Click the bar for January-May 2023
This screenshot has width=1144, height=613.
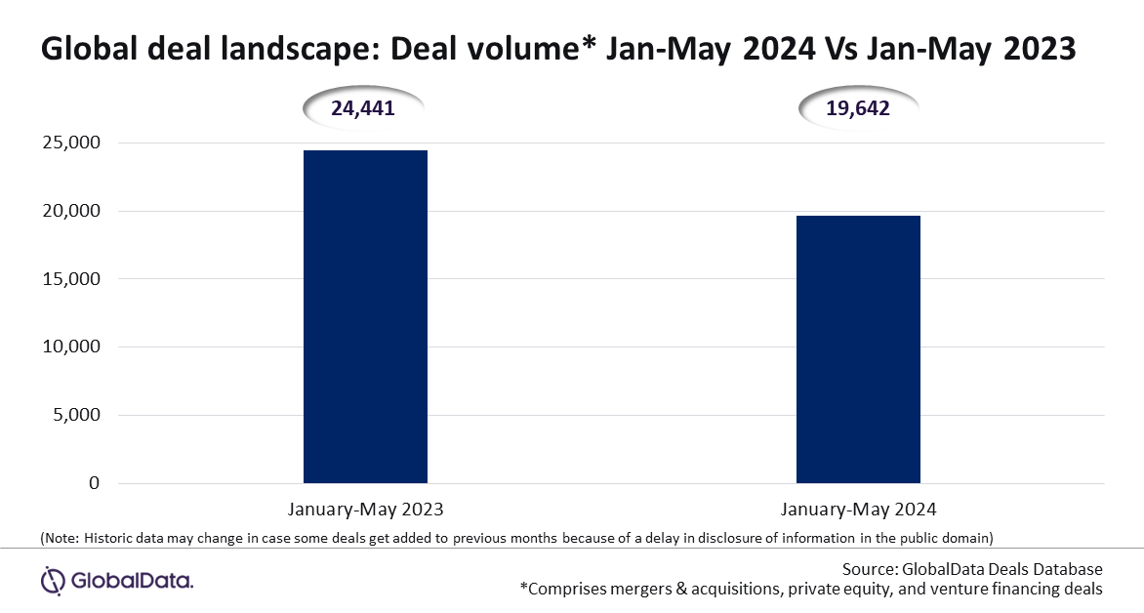pyautogui.click(x=365, y=316)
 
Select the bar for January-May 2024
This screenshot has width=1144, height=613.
pyautogui.click(x=858, y=349)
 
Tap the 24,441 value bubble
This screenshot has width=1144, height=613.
pyautogui.click(x=362, y=108)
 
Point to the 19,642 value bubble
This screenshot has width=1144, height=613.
pyautogui.click(x=858, y=108)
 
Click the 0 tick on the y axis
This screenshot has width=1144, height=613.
pyautogui.click(x=94, y=482)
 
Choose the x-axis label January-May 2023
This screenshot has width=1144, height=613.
pyautogui.click(x=365, y=510)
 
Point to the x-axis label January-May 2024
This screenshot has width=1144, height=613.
pyautogui.click(x=858, y=510)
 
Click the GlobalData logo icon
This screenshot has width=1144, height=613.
pyautogui.click(x=54, y=581)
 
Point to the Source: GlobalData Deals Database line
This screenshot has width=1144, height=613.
pyautogui.click(x=972, y=569)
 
